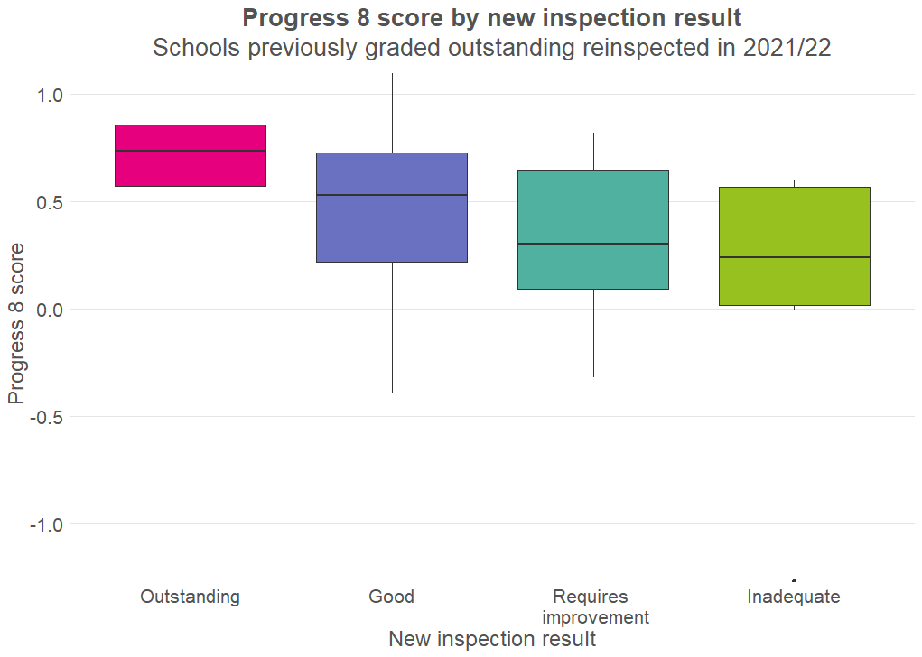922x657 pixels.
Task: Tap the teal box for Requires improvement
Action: [593, 208]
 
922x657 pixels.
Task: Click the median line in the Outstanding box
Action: [191, 151]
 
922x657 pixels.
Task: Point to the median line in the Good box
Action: [392, 195]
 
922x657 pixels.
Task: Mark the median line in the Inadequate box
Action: [795, 257]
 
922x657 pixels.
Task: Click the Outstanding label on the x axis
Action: [191, 597]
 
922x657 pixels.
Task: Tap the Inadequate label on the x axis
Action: [794, 597]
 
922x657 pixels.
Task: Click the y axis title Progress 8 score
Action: [16, 323]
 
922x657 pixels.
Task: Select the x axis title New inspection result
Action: [492, 639]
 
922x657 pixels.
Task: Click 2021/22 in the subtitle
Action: [787, 48]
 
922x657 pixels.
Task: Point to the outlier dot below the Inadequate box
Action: [795, 580]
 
